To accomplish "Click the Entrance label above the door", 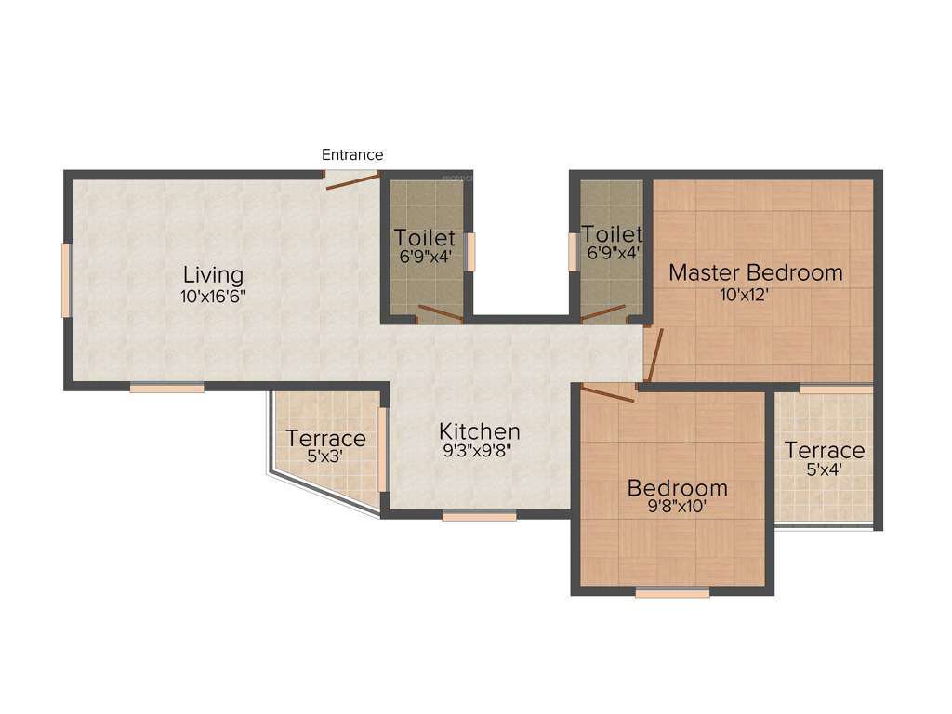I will click(352, 155).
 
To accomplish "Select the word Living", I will click(213, 275).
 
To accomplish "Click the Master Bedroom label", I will click(756, 272).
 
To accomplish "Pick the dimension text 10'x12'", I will click(756, 295).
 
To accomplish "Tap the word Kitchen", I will click(479, 431).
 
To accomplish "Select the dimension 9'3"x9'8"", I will click(479, 452).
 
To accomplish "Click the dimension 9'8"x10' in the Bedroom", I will click(677, 508).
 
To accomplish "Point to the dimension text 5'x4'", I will click(824, 470).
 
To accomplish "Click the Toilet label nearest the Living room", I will click(424, 237).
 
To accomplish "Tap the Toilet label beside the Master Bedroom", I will click(611, 233).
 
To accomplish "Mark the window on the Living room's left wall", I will click(66, 280).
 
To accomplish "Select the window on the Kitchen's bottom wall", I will click(479, 515).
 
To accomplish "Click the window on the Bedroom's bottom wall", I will click(672, 592).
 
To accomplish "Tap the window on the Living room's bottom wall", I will click(166, 388).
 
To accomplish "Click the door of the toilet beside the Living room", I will click(440, 313).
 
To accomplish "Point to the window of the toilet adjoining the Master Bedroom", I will click(573, 251).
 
